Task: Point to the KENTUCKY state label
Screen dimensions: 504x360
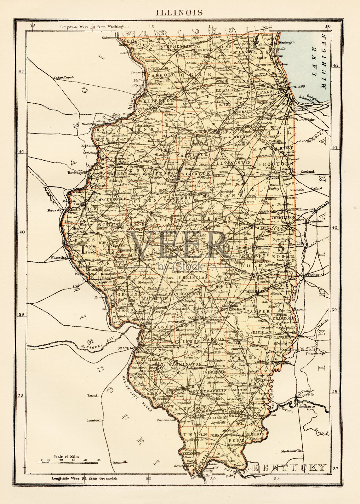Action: [290, 467]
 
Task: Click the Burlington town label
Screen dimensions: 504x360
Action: [77, 173]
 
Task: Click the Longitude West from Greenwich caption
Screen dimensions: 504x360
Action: [84, 478]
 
